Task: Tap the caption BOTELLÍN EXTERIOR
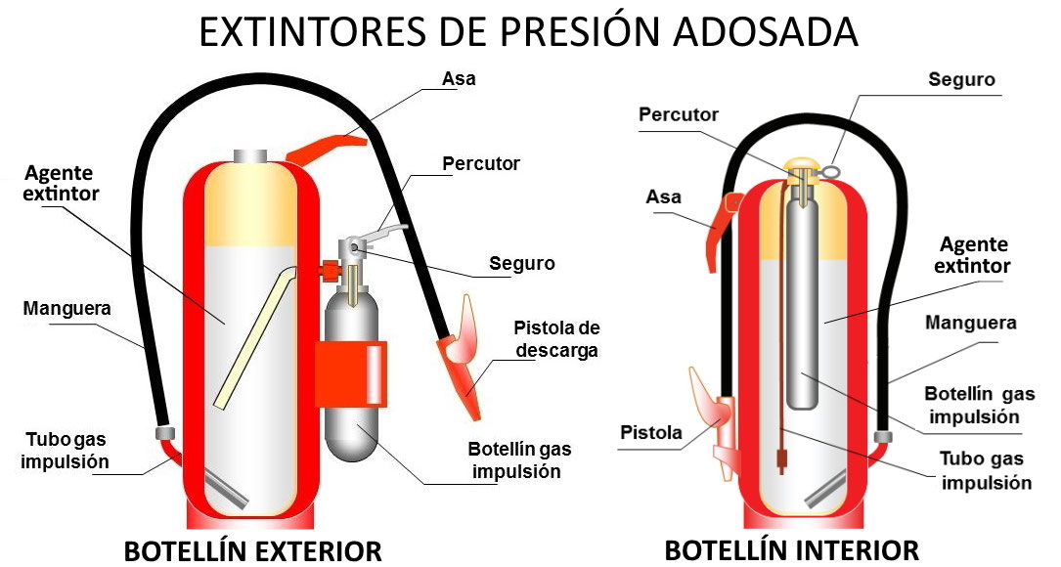[x=252, y=550]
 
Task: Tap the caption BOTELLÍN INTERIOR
[x=791, y=549]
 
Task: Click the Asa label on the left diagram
[x=459, y=78]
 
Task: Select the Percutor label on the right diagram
[x=679, y=114]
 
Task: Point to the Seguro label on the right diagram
[x=961, y=79]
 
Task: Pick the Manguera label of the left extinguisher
[x=66, y=309]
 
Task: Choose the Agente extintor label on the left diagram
[x=61, y=183]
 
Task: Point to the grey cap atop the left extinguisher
[x=250, y=157]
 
